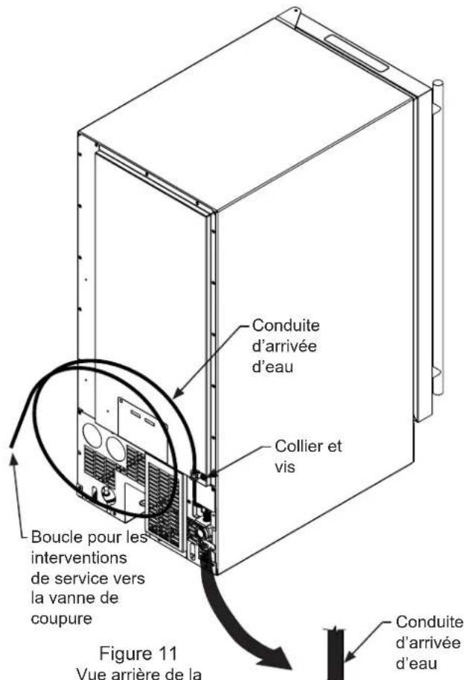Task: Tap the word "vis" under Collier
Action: (284, 466)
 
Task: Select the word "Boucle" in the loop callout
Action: (57, 537)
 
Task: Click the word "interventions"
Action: (79, 557)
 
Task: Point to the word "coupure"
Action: (61, 619)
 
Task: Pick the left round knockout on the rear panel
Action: (92, 435)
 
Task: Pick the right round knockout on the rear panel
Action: (116, 449)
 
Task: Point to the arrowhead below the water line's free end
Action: (14, 460)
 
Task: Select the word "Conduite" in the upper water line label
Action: (286, 325)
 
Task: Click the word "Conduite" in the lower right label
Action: (430, 621)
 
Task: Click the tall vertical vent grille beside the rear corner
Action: (164, 504)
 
